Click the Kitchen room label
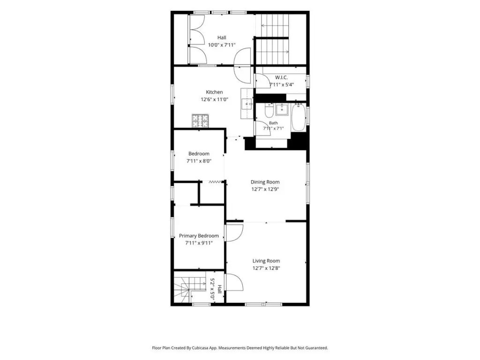click(214, 92)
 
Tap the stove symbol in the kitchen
click(200, 120)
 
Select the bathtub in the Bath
click(299, 118)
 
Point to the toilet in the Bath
click(269, 111)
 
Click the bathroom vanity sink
click(282, 110)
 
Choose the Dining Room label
click(265, 182)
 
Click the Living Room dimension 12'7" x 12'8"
click(266, 269)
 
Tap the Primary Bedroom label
click(199, 236)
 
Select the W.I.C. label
click(281, 77)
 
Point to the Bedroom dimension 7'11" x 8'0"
click(199, 161)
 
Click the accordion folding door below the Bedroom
click(216, 182)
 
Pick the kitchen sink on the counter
click(247, 104)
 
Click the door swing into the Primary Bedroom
click(234, 232)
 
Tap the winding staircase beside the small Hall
click(190, 289)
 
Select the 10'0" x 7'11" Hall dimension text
click(222, 45)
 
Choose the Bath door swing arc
click(260, 127)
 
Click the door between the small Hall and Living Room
click(234, 282)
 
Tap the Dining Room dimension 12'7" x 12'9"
click(265, 189)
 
